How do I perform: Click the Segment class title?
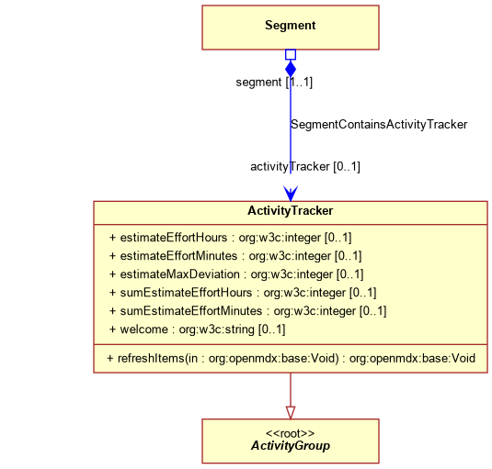click(291, 26)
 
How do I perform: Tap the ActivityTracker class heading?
click(291, 211)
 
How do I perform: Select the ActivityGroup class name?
click(291, 445)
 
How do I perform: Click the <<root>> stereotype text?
click(291, 433)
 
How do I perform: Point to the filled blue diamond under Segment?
click(291, 69)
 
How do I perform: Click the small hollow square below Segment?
click(291, 54)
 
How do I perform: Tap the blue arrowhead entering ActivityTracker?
click(291, 194)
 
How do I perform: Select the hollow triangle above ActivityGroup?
click(291, 413)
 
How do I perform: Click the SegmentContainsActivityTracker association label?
click(379, 125)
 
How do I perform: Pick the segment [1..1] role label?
click(274, 83)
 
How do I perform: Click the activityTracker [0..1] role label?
click(305, 166)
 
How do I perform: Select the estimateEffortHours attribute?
click(230, 238)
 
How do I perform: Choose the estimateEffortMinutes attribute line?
click(235, 256)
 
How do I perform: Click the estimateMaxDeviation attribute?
click(236, 274)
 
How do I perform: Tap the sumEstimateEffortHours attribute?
click(243, 293)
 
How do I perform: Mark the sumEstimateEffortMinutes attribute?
click(248, 311)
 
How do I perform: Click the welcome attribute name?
click(144, 329)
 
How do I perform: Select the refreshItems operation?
click(292, 359)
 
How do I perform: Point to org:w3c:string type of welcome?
click(216, 329)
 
